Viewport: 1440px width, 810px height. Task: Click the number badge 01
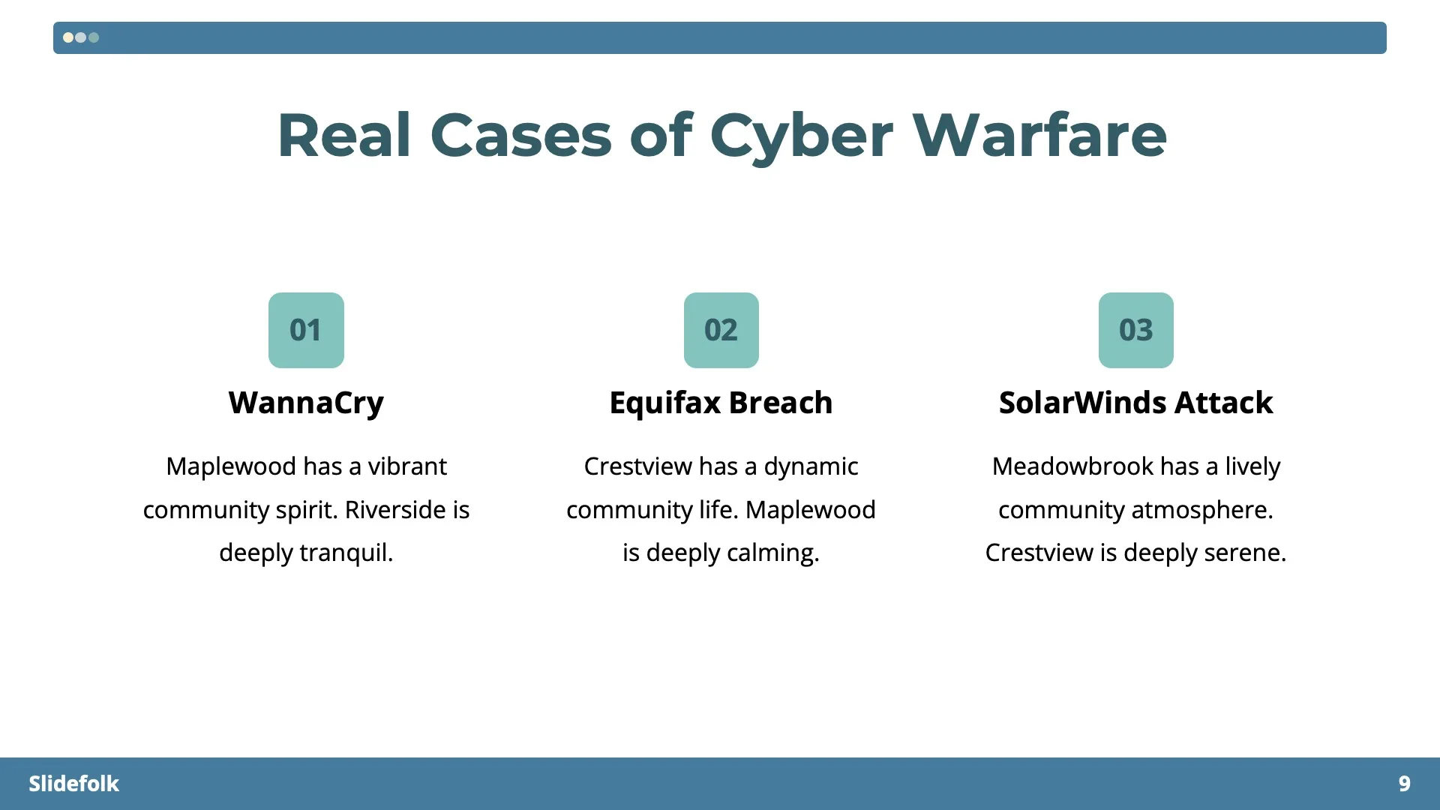306,330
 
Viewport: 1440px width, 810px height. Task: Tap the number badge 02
721,330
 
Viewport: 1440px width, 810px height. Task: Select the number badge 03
1135,330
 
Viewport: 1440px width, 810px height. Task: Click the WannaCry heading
306,403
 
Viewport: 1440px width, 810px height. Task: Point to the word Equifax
664,403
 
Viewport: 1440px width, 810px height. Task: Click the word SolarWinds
1082,403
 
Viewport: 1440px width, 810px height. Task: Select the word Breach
780,403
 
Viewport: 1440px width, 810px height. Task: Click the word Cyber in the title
801,136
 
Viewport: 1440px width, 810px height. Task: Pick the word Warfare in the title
1039,136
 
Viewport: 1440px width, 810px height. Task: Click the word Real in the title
344,136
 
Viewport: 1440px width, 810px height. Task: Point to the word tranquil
346,553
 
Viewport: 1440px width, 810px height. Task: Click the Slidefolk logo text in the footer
73,784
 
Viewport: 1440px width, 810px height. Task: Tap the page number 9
1404,784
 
